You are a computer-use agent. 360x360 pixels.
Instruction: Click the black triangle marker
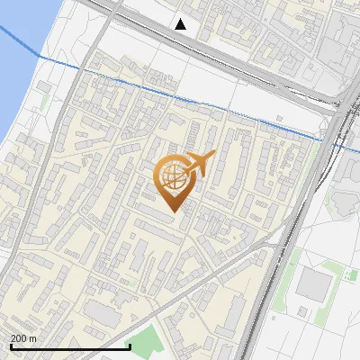point(181,24)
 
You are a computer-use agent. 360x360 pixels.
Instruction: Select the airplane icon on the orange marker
point(197,165)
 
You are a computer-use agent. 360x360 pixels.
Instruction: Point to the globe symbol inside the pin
point(171,175)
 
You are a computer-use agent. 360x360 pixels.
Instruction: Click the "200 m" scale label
point(22,338)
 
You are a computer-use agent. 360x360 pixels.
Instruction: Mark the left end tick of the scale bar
point(11,345)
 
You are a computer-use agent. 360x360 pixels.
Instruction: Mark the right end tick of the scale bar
point(130,345)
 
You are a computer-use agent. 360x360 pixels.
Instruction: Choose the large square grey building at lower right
point(314,284)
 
